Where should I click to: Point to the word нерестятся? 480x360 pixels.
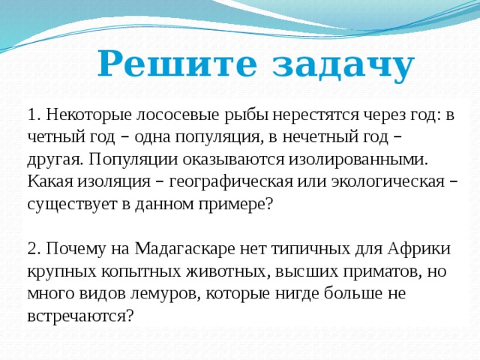click(293, 116)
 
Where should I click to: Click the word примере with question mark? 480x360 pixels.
click(233, 203)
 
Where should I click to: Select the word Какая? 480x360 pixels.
click(49, 181)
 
